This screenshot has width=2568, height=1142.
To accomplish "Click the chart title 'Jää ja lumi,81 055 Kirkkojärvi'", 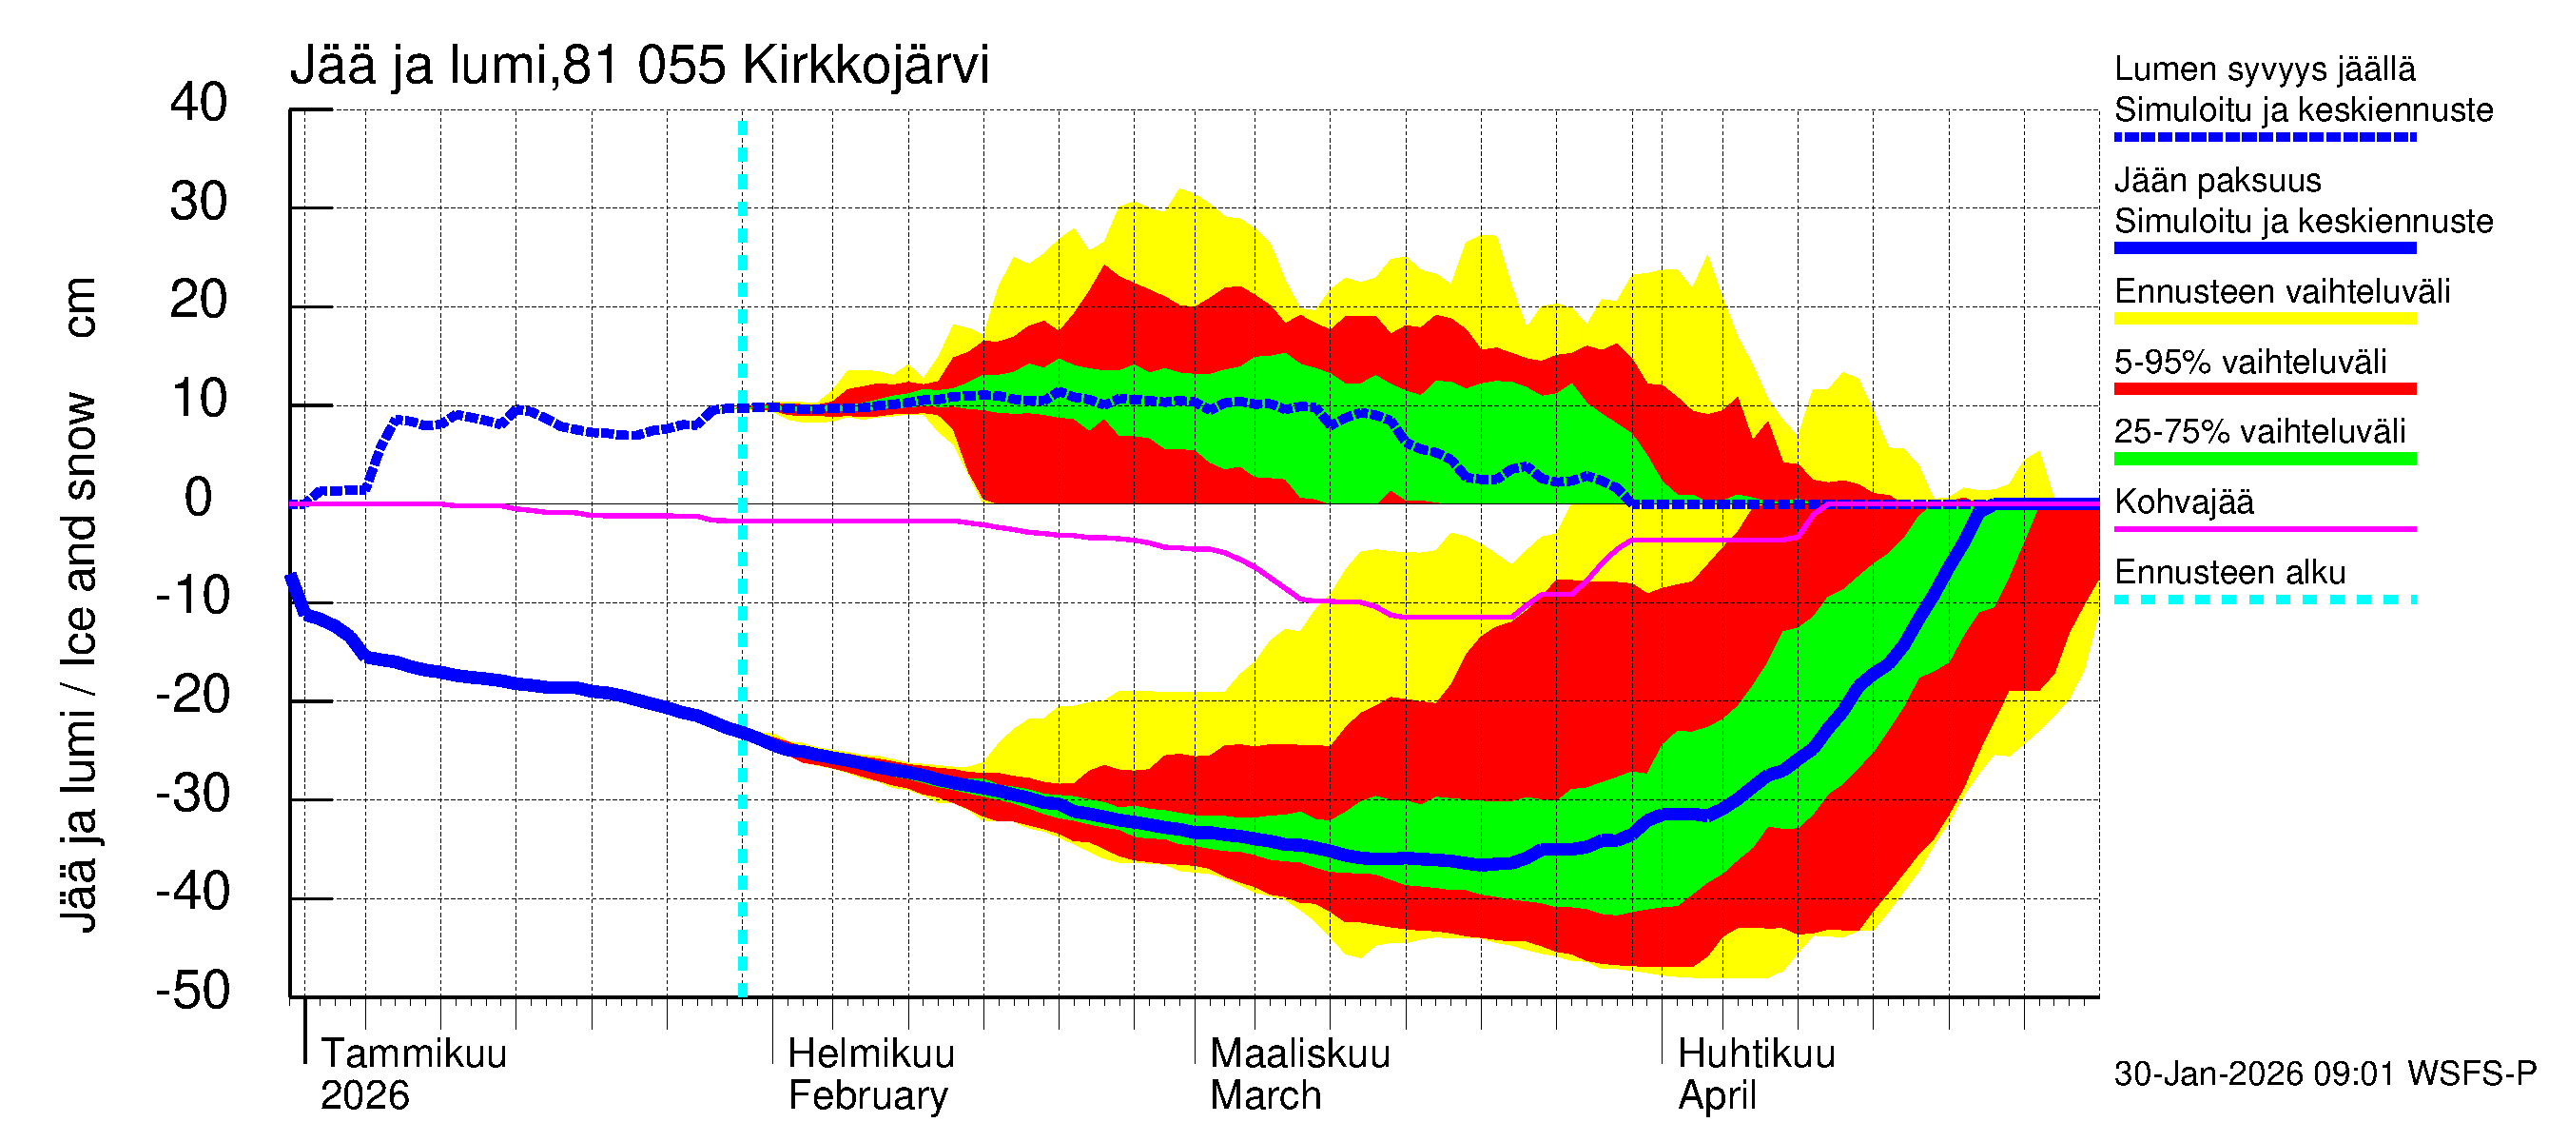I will tap(639, 66).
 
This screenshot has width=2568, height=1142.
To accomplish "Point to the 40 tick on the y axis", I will tap(199, 103).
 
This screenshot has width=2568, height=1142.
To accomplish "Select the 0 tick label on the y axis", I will tap(199, 498).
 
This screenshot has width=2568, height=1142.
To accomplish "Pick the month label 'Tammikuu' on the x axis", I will tap(414, 1054).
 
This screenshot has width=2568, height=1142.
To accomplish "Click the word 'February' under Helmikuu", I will tap(867, 1096).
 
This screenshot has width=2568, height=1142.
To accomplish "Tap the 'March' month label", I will tap(1265, 1096).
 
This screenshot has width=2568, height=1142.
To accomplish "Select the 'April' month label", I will tap(1717, 1096).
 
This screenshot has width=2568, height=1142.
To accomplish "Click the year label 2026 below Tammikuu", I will tap(365, 1096).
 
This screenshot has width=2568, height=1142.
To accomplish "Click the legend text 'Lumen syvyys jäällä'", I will tap(2265, 69).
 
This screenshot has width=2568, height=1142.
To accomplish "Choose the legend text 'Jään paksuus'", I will tap(2217, 181).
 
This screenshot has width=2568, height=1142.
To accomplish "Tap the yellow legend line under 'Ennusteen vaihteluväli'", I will tap(2265, 319).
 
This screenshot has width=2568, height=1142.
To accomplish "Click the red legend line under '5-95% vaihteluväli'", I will tap(2265, 389).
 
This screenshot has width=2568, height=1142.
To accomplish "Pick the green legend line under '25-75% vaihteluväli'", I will tap(2265, 459).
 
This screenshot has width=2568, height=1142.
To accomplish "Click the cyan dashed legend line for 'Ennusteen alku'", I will tap(2265, 601).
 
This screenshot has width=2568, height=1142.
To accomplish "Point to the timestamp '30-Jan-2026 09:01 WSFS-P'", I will tap(2325, 1074).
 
